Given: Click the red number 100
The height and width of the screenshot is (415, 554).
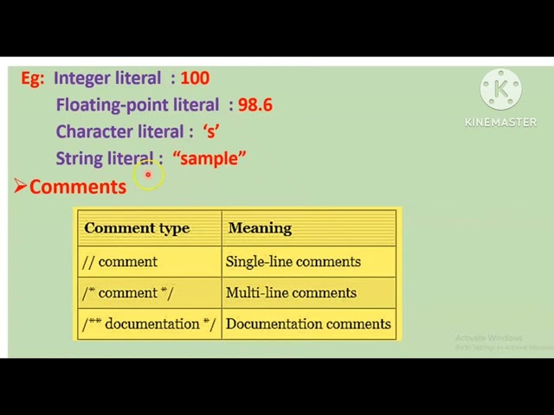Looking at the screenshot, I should point(195,78).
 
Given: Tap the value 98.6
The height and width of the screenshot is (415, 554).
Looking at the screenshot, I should point(255,105).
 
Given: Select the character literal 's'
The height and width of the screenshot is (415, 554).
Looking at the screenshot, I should point(211,131).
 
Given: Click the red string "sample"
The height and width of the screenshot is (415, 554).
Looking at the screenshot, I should point(209,158).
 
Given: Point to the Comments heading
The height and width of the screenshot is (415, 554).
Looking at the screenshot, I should point(78,187).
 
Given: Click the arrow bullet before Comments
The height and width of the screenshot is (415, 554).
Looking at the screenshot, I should point(20,186).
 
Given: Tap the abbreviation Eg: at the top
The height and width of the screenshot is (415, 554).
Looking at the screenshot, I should point(32,78).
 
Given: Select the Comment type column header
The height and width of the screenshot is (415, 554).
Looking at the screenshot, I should point(137,228).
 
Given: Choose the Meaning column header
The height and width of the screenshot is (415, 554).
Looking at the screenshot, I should point(260,228).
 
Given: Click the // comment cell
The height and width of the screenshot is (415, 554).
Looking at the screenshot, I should point(119,261).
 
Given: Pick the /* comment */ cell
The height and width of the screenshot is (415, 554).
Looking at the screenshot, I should point(127,292).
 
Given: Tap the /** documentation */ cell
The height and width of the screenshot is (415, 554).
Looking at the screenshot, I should point(149,323).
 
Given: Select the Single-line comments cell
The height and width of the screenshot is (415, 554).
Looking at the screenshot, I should point(293,261).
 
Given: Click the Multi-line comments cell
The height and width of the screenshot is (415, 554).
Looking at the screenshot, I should point(291,292).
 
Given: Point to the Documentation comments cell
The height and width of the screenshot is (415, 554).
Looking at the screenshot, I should point(308,323).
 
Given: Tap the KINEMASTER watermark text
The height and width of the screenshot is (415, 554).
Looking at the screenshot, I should point(500,122).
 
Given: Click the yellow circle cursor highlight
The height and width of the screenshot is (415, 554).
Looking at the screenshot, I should point(148,176).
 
